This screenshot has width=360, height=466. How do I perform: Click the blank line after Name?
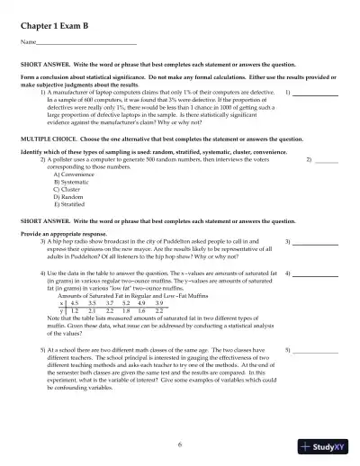point(86,42)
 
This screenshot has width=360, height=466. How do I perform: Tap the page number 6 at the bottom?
point(180,444)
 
